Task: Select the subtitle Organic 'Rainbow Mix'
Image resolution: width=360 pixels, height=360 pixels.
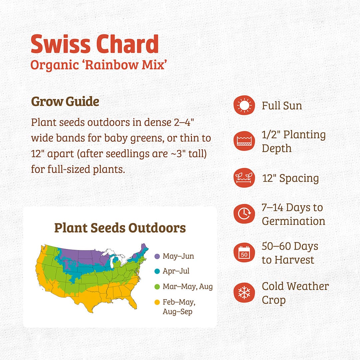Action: point(98,65)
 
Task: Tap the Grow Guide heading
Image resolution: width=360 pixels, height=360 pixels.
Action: point(65,102)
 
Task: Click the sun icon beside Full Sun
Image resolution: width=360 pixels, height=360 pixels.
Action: point(244,106)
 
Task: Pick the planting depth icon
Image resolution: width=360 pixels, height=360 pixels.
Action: point(244,141)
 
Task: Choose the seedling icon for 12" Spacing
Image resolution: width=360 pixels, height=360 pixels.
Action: point(244,178)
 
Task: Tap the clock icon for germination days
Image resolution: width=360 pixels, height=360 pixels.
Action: point(244,214)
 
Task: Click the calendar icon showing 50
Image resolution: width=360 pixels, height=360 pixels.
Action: point(244,253)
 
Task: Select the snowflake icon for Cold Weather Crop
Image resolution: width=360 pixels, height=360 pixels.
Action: point(244,293)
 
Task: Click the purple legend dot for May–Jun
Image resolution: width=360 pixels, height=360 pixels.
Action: point(157,256)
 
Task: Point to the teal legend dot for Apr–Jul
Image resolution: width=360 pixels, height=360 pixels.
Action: point(157,271)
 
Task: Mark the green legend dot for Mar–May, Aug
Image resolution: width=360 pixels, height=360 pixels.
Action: point(157,286)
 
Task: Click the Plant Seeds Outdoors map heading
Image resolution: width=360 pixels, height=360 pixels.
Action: point(120,228)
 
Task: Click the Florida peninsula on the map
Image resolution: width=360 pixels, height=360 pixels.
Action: point(133,302)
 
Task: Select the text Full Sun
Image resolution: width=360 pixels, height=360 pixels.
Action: point(282,106)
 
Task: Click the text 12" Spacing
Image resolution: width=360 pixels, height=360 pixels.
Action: point(290,178)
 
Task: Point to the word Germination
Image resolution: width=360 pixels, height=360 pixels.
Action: point(293,221)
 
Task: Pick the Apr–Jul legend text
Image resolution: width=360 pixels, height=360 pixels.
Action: point(176,271)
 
